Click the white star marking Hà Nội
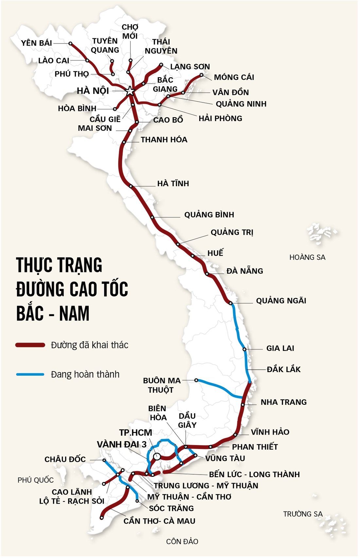tap(130, 91)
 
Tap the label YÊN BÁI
tap(36, 43)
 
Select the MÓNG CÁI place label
tap(234, 77)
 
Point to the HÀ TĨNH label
tap(173, 184)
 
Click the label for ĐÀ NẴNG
tap(244, 271)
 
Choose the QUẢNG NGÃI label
tap(281, 301)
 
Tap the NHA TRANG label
tap(283, 402)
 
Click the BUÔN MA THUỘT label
tap(162, 385)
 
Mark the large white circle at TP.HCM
tap(157, 456)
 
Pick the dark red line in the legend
tap(30, 345)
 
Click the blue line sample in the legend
tap(30, 374)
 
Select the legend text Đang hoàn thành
tap(85, 374)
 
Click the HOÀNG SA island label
tap(307, 258)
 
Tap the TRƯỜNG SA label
tap(303, 514)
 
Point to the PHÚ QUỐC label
tap(35, 480)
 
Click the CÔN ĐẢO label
tap(182, 542)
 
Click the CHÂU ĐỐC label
tap(65, 459)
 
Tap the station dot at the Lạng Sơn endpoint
tap(161, 65)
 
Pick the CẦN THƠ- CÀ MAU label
tap(159, 521)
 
